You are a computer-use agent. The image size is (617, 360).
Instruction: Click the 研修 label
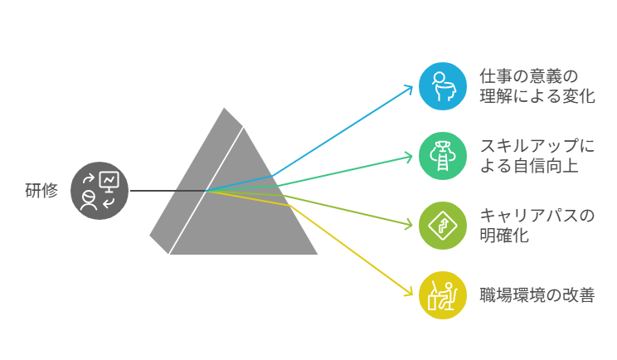(41, 191)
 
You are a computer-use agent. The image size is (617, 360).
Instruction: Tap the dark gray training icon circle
(100, 191)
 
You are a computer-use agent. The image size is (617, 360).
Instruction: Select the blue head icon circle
(443, 85)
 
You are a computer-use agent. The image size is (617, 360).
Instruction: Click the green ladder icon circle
(443, 155)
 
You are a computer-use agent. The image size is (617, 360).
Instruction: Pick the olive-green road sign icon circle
(443, 225)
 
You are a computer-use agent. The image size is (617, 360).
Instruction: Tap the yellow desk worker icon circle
(443, 294)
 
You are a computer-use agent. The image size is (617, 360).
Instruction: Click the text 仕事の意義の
(528, 75)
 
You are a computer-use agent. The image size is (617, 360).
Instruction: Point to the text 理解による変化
(537, 96)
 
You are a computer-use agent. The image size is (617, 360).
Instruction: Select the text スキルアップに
(537, 146)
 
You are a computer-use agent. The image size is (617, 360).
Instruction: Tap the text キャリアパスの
(537, 216)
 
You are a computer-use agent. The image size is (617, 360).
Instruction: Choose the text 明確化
(505, 236)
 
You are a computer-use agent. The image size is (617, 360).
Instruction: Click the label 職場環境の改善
(537, 294)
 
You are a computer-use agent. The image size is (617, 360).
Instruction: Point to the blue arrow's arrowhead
(409, 87)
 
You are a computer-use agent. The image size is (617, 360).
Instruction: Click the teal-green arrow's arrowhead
(409, 155)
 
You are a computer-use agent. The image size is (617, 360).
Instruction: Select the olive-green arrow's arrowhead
(409, 224)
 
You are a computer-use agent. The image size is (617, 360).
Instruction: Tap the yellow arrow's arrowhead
(409, 292)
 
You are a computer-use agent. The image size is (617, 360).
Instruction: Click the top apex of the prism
(224, 107)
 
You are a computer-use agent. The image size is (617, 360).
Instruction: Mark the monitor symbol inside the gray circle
(109, 180)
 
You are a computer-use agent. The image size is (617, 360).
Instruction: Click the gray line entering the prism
(166, 191)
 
